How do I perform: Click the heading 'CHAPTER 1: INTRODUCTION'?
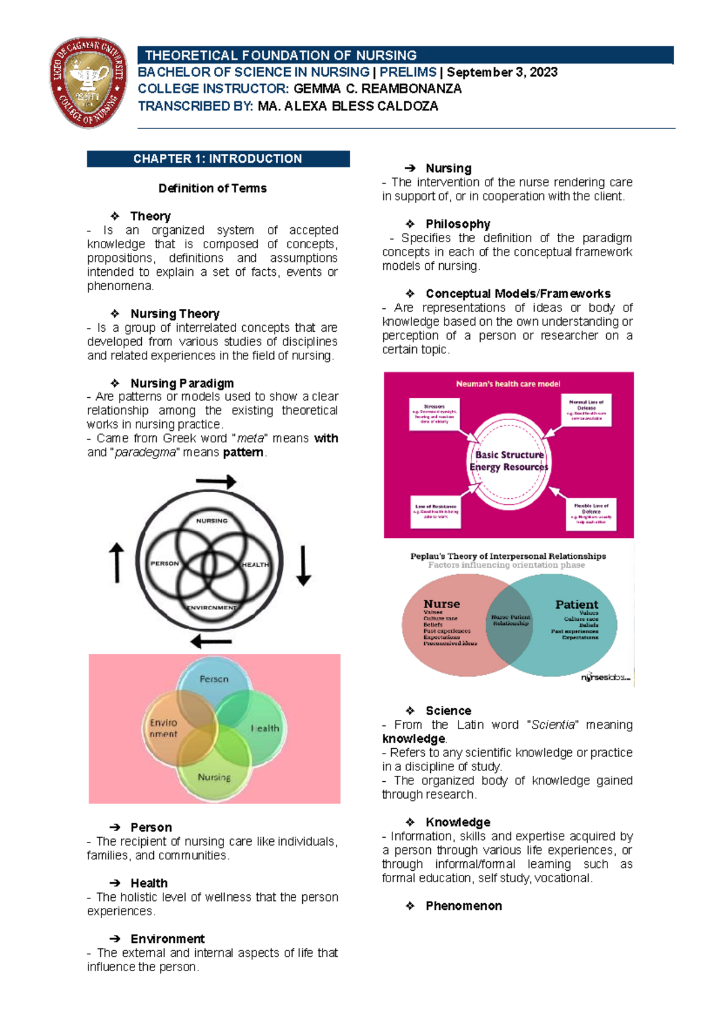[x=218, y=159]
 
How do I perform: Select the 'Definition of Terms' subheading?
[x=212, y=188]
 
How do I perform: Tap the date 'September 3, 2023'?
[x=502, y=72]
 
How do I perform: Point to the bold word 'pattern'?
[x=243, y=452]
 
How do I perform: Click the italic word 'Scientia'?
[x=553, y=725]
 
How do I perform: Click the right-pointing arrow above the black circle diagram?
[x=216, y=481]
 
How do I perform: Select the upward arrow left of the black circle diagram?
[x=117, y=562]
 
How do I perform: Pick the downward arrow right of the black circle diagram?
[x=303, y=565]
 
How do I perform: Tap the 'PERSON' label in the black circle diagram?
[x=165, y=564]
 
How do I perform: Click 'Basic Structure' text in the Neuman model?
[x=509, y=455]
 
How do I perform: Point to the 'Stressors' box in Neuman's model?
[x=434, y=413]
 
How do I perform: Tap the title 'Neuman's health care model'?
[x=508, y=384]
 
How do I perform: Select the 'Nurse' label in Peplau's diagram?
[x=442, y=604]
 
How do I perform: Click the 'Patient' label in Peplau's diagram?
[x=576, y=605]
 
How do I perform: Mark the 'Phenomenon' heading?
[x=463, y=906]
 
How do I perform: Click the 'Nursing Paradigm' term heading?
[x=182, y=383]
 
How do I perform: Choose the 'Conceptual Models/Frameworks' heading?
[x=518, y=294]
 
